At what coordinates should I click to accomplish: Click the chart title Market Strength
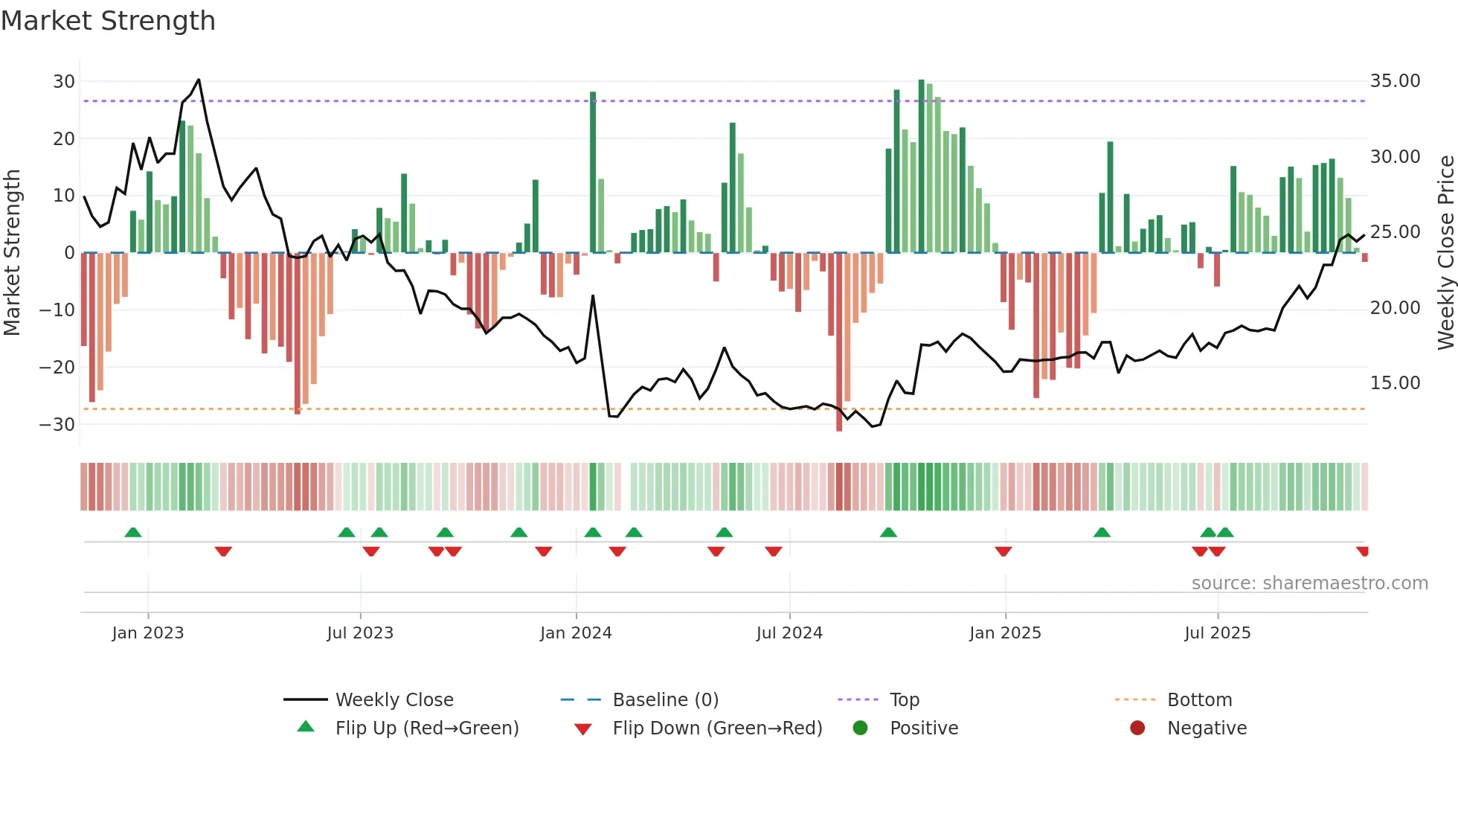pos(108,21)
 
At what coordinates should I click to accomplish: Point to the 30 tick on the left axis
pos(64,81)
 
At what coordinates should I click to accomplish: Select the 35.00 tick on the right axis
pos(1395,81)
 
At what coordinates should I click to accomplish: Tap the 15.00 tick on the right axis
pos(1395,383)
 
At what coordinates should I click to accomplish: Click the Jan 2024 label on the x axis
pos(576,633)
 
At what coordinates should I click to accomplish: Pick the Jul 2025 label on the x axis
pos(1217,633)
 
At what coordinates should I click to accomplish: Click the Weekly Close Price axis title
pos(1445,253)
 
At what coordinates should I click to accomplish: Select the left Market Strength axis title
pos(12,253)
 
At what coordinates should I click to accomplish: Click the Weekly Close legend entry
pos(394,700)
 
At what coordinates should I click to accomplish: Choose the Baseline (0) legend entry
pos(665,700)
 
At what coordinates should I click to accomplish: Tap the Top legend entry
pos(905,700)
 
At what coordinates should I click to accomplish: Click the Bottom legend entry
pos(1199,700)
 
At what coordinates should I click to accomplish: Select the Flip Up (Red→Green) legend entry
pos(426,728)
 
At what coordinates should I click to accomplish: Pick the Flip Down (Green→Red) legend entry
pos(717,728)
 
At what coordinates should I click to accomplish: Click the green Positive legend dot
pos(861,728)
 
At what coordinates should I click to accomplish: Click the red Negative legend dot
pos(1137,728)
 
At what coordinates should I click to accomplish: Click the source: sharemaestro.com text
pos(1309,583)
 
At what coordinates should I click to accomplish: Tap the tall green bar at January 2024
pos(593,171)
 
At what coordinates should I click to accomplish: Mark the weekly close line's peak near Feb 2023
pos(199,79)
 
